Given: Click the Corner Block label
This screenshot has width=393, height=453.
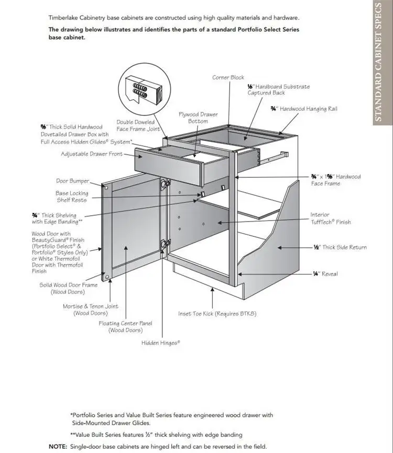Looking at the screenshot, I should pos(228,78).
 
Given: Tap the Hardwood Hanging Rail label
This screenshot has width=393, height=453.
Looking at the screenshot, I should pos(304,109).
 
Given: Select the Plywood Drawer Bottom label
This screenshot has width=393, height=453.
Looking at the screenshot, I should pos(198,118).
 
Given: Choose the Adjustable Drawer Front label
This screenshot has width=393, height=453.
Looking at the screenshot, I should pos(92,154).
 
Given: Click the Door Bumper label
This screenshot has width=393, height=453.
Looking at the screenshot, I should pos(72,181).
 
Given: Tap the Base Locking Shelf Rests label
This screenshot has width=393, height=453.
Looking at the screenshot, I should pos(72,197).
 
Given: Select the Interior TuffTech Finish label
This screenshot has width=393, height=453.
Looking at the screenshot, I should pos(330,218).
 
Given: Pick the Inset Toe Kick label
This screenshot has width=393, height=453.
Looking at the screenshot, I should pos(217,314).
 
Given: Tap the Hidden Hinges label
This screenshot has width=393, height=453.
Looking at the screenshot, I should pos(160,343).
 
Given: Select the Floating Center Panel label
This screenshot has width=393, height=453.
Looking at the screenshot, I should pos(125,327).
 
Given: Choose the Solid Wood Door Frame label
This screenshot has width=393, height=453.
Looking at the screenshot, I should pos(69,288).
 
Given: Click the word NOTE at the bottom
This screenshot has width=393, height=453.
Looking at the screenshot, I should pos(58,447).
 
